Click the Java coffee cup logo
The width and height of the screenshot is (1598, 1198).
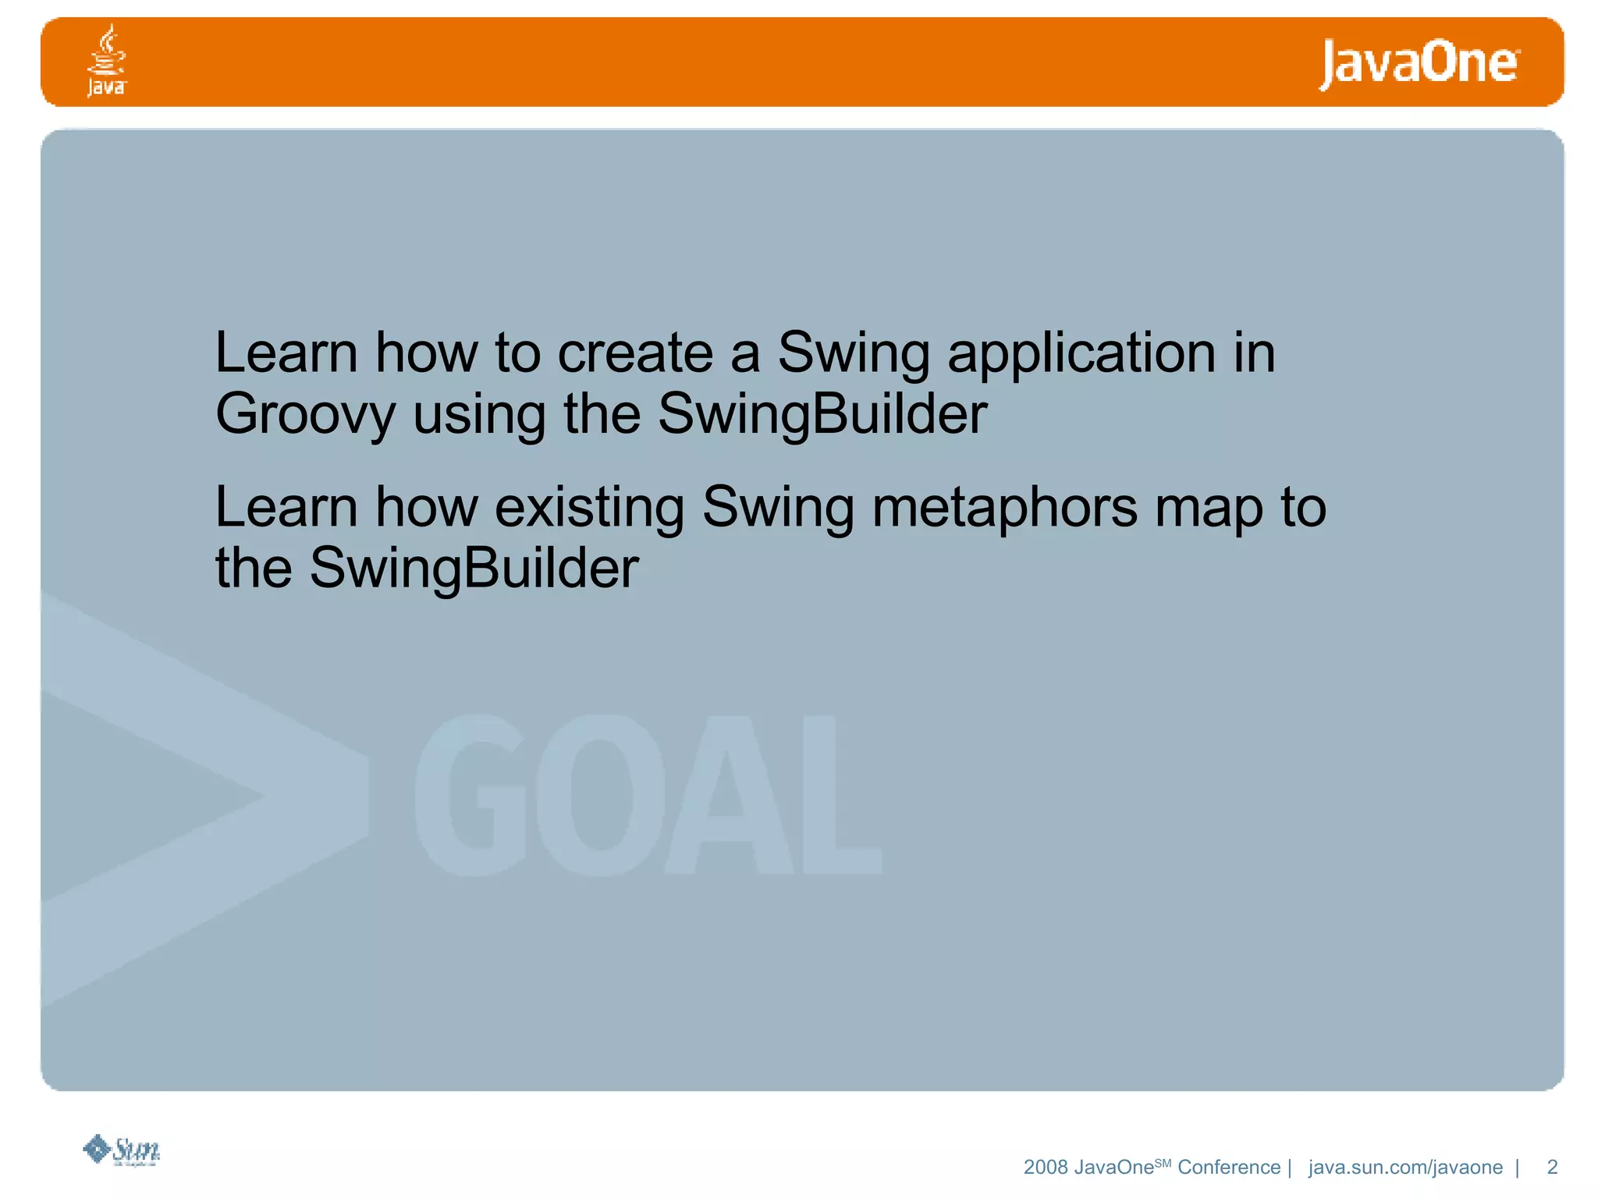click(x=106, y=61)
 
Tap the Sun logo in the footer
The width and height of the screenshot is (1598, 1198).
click(x=123, y=1150)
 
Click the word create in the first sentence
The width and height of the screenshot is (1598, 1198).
click(x=635, y=353)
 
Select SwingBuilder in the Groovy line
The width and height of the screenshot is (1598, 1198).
click(x=822, y=415)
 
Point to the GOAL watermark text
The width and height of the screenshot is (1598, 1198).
click(x=648, y=795)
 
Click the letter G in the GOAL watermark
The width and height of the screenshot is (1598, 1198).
click(x=468, y=795)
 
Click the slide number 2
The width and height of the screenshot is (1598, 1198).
click(x=1552, y=1167)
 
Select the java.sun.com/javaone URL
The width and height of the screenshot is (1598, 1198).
click(x=1405, y=1168)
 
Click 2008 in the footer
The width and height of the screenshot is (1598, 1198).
click(x=1045, y=1168)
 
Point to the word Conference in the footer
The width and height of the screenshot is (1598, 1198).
click(x=1228, y=1168)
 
